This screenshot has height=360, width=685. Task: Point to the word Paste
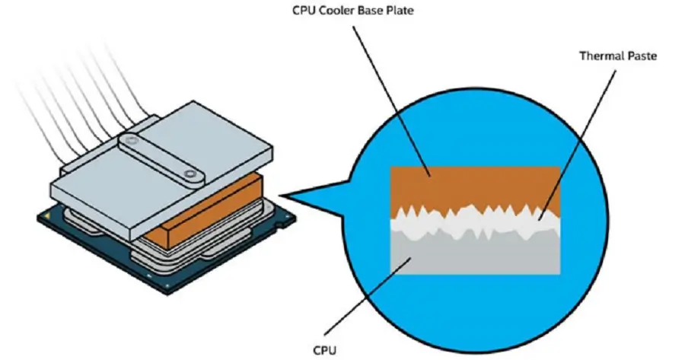tap(642, 56)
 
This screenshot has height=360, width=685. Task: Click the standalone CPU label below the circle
tap(325, 350)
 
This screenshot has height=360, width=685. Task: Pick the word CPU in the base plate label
tap(304, 10)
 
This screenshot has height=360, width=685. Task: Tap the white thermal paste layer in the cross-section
tap(475, 224)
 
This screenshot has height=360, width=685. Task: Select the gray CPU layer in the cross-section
tap(475, 256)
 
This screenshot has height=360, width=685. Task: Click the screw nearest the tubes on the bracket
tap(129, 140)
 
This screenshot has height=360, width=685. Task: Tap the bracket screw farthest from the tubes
tap(190, 174)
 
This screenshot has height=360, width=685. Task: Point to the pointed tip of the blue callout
tap(280, 196)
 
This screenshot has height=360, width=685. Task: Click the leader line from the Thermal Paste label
tap(577, 145)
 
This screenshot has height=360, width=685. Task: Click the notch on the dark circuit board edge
tap(279, 224)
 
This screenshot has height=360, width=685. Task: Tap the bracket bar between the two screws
tap(160, 157)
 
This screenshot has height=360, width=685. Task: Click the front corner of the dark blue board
tap(168, 294)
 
